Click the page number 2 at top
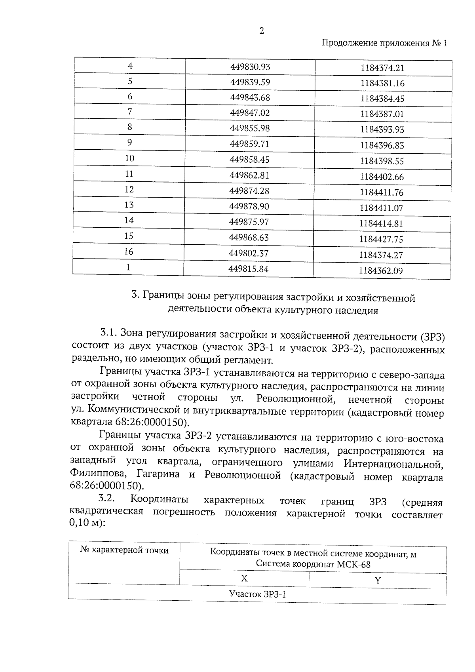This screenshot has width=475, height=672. point(261,31)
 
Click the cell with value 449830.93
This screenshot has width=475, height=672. point(250,67)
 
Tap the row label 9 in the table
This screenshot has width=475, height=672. point(129,143)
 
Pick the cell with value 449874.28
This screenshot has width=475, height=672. point(249,191)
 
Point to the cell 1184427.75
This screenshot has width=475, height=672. point(381,239)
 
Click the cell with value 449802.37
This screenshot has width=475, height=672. point(249,253)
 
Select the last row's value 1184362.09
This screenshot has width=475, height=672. point(381,271)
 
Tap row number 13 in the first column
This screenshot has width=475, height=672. point(129,205)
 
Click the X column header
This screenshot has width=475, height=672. point(244,578)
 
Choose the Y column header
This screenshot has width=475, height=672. point(378,581)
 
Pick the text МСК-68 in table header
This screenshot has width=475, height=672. point(354,564)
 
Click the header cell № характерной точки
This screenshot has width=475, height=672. point(124,550)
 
